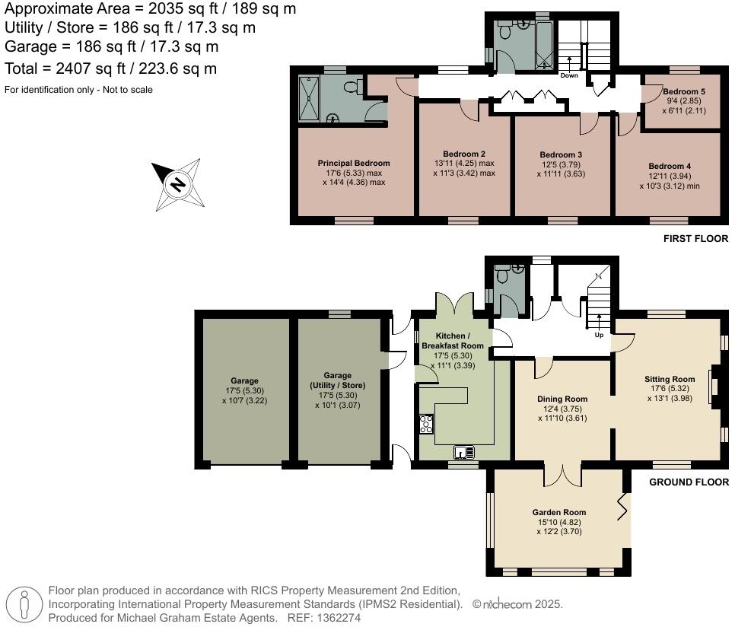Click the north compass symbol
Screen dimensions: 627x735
[x=177, y=184]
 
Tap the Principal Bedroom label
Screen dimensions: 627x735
[x=353, y=163]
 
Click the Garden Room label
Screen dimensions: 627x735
[x=558, y=512]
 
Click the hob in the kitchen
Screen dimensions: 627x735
[x=425, y=424]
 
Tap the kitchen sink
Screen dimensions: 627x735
[x=464, y=453]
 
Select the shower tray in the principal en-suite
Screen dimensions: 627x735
[x=307, y=99]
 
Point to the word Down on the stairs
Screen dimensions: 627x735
[x=569, y=75]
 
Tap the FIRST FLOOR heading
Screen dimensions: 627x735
[x=695, y=239]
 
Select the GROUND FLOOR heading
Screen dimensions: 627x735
[x=689, y=482]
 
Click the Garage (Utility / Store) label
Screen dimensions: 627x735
[x=338, y=380]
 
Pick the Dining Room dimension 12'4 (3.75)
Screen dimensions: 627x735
[x=562, y=408]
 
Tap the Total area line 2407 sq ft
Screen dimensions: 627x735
[x=111, y=68]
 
